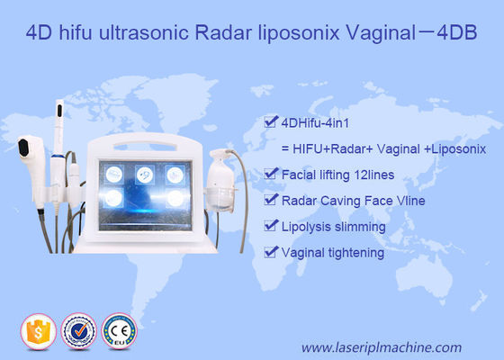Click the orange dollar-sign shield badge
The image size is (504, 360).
coord(37,328)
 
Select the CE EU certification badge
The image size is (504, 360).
coord(121,328)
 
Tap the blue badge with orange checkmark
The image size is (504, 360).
coord(79,328)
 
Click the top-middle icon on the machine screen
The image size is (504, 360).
coord(142,174)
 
